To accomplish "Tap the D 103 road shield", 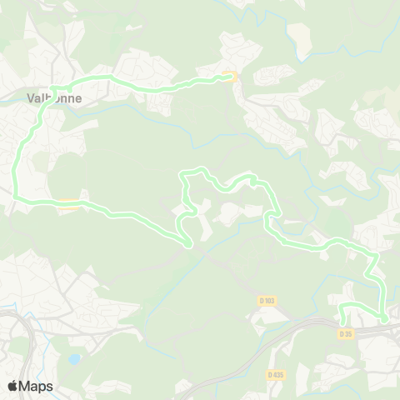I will click(x=267, y=301).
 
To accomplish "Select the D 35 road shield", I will click(x=346, y=333).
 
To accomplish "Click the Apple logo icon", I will click(x=12, y=386).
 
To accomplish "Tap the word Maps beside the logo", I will click(x=36, y=387).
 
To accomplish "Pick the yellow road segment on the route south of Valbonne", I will click(x=68, y=202).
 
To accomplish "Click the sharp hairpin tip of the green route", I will click(x=190, y=244).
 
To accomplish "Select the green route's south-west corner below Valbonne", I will click(x=15, y=197).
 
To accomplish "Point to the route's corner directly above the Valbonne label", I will click(x=54, y=87).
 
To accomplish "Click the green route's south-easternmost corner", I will click(x=384, y=317).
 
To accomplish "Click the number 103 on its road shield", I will click(x=269, y=301).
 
